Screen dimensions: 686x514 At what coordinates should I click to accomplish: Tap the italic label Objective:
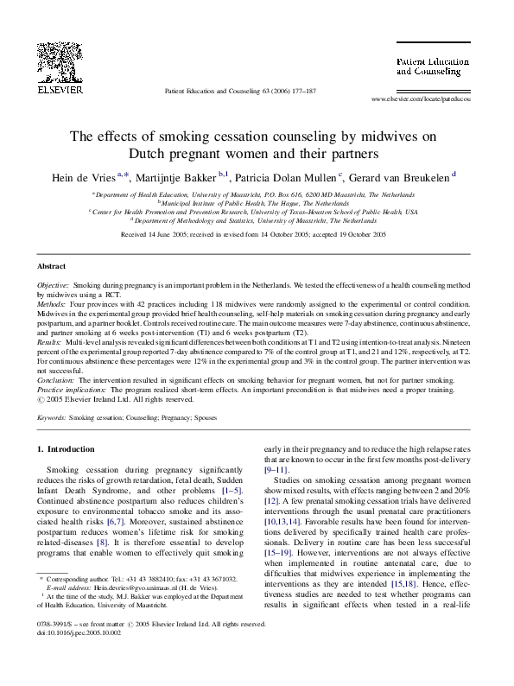(x=54, y=285)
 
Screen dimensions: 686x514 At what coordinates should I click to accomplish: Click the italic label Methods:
(x=52, y=304)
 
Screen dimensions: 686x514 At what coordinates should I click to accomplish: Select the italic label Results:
(x=50, y=342)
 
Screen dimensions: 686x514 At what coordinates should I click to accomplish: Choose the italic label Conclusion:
(x=55, y=380)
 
